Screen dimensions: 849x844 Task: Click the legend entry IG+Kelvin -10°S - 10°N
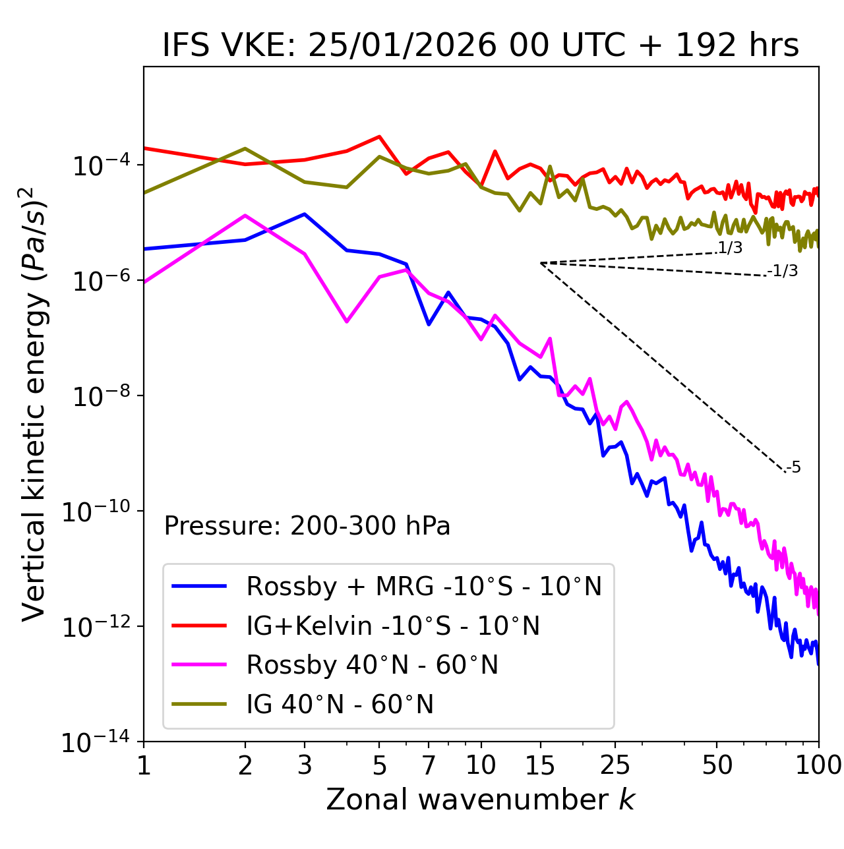tap(393, 626)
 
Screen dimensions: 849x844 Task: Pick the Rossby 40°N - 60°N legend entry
tap(372, 665)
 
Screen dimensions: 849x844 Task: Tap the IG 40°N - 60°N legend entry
tap(340, 705)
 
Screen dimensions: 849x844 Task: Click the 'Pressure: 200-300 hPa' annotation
tap(307, 526)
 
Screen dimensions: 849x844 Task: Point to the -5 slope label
tap(793, 468)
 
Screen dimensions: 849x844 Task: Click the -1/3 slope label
tap(783, 271)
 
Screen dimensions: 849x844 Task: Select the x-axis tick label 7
tap(429, 765)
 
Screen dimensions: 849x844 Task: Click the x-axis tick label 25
tap(615, 765)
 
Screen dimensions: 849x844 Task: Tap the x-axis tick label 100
tap(818, 765)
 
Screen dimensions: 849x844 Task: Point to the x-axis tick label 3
tap(305, 765)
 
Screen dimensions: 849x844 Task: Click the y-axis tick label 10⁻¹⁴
tap(96, 742)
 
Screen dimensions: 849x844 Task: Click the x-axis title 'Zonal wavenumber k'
tap(480, 800)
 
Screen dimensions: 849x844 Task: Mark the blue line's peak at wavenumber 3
tap(305, 214)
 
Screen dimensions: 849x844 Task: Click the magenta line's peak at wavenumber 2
tap(245, 216)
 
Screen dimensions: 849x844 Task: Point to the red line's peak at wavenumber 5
tap(379, 136)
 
